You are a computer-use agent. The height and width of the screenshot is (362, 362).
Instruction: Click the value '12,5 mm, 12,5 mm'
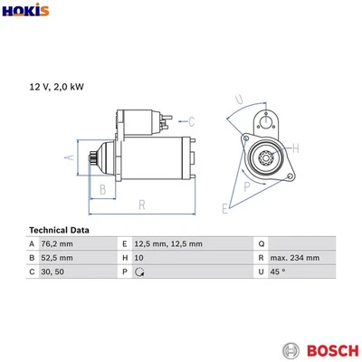pos(167,244)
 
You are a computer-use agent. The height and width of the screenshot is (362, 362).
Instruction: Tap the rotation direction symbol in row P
pos(138,271)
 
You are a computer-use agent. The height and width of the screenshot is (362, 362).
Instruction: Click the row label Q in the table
pos(262,244)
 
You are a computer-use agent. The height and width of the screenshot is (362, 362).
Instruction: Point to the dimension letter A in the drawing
pos(66,157)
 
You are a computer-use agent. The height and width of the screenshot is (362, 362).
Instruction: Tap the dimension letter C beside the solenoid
pos(193,119)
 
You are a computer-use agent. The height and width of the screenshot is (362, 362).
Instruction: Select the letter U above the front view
pos(238,100)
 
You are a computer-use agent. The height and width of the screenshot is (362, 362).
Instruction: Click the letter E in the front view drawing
pos(225,208)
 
